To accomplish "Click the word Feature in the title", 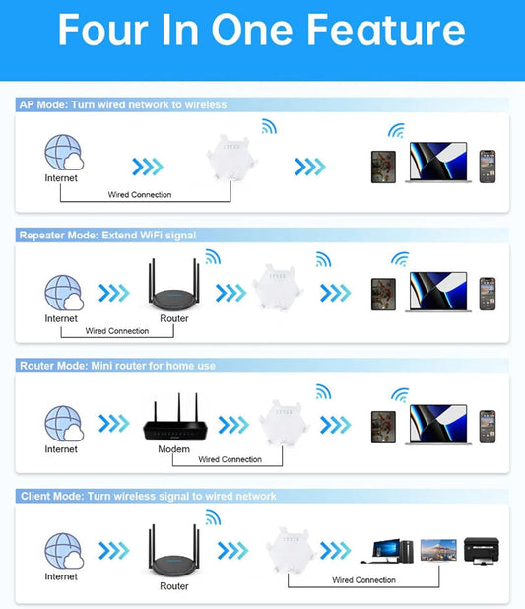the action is (x=385, y=30).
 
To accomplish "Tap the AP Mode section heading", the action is (x=123, y=104).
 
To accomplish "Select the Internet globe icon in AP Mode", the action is (x=64, y=152).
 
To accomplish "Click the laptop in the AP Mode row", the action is (x=438, y=163).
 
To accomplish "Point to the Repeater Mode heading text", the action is (x=107, y=236).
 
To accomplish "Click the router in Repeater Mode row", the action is (x=173, y=285).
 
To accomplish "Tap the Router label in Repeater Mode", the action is (x=174, y=318).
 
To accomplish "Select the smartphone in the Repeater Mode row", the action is (x=488, y=294).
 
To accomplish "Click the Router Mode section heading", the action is (x=117, y=366).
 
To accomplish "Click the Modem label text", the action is (x=173, y=449).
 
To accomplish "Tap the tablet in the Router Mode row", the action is (x=383, y=427).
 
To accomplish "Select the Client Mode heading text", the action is (x=149, y=496).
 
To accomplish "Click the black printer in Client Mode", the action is (x=481, y=550).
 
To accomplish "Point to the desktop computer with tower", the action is (x=387, y=551).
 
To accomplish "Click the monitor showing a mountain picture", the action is (x=438, y=550).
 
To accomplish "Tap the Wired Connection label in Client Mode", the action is (x=363, y=580).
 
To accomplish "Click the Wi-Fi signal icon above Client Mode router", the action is (x=213, y=517).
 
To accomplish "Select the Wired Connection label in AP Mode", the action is (x=140, y=194).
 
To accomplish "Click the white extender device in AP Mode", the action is (x=231, y=158).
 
